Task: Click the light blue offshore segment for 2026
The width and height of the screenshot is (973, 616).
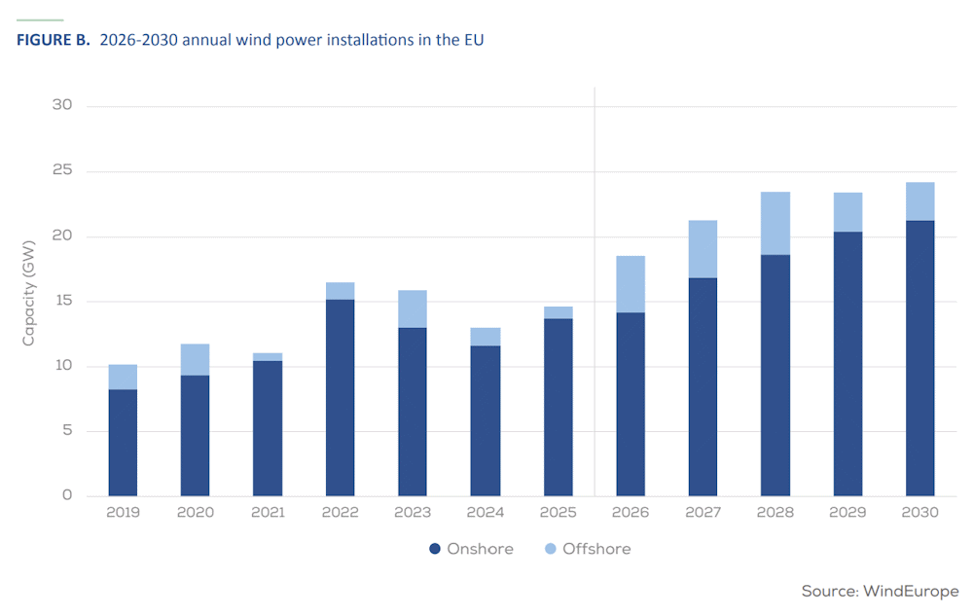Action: (631, 284)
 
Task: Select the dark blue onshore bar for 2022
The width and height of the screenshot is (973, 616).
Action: (340, 398)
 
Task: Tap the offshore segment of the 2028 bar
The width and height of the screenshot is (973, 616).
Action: (775, 223)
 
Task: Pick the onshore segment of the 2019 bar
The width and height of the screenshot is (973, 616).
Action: (123, 443)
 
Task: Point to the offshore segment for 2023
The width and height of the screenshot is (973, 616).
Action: (413, 308)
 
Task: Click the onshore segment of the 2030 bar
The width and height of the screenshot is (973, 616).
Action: (920, 358)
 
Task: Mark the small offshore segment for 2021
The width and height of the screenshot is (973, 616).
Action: (268, 357)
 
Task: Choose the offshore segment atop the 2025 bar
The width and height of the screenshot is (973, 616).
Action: (559, 312)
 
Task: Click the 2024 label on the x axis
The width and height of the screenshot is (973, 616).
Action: (486, 513)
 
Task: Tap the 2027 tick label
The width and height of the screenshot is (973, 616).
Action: (703, 513)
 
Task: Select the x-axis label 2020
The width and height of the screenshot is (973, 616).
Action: (196, 513)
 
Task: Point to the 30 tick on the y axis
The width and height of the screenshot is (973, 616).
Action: (62, 105)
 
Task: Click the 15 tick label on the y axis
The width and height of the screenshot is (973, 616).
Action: (62, 301)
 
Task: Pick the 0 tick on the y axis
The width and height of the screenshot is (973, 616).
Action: (67, 495)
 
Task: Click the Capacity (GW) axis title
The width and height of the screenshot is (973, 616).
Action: (28, 294)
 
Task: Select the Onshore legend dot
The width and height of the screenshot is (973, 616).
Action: (435, 549)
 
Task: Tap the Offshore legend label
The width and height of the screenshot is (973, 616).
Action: (596, 549)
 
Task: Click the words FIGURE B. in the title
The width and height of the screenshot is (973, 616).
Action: (54, 40)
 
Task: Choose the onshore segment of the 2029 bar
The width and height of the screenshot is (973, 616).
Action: (847, 364)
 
